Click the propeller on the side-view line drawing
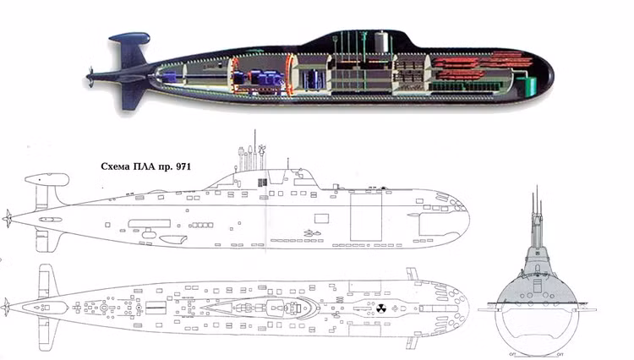pos(8,217)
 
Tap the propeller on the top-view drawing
pos(8,303)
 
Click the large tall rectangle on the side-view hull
pos(366,217)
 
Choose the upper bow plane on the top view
pos(413,274)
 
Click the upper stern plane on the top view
pos(44,276)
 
